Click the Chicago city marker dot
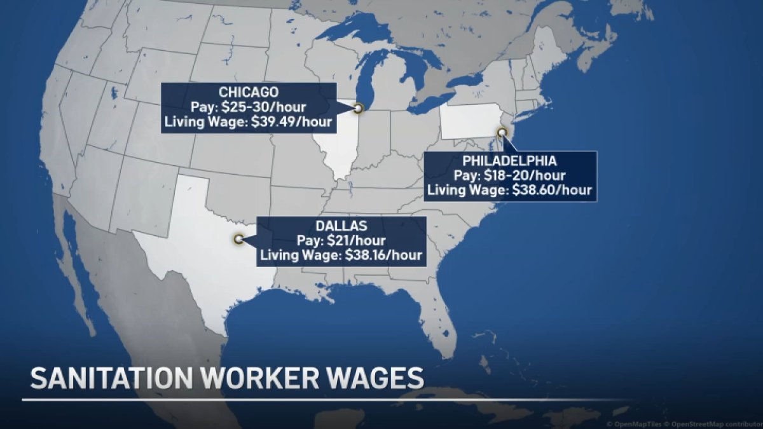click(x=358, y=109)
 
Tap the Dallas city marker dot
click(x=239, y=240)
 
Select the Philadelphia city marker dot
click(x=502, y=132)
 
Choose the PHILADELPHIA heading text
click(x=510, y=160)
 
